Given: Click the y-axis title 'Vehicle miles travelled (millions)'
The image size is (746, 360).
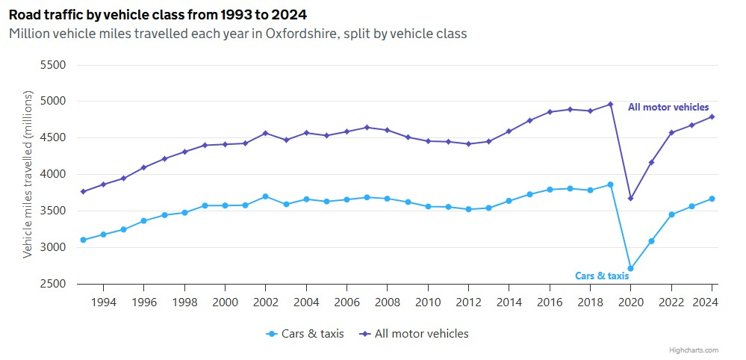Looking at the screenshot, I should point(28,175).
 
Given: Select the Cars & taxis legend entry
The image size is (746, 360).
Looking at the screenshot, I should point(305,334).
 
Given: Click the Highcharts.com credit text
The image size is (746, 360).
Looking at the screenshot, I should point(694,350).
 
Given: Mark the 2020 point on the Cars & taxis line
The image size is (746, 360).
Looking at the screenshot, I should point(631,268).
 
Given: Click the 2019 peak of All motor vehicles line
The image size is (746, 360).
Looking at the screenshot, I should point(610,105).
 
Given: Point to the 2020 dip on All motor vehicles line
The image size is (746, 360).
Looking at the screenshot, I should point(631,198).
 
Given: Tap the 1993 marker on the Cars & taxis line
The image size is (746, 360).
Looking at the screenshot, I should point(83,240).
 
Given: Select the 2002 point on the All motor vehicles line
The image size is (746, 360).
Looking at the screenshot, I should point(265,133).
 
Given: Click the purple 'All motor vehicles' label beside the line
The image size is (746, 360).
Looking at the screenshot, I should point(668,108).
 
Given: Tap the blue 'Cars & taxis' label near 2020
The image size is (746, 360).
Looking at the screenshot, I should point(602,276).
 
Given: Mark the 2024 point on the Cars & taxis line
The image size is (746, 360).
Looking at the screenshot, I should point(712,199).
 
